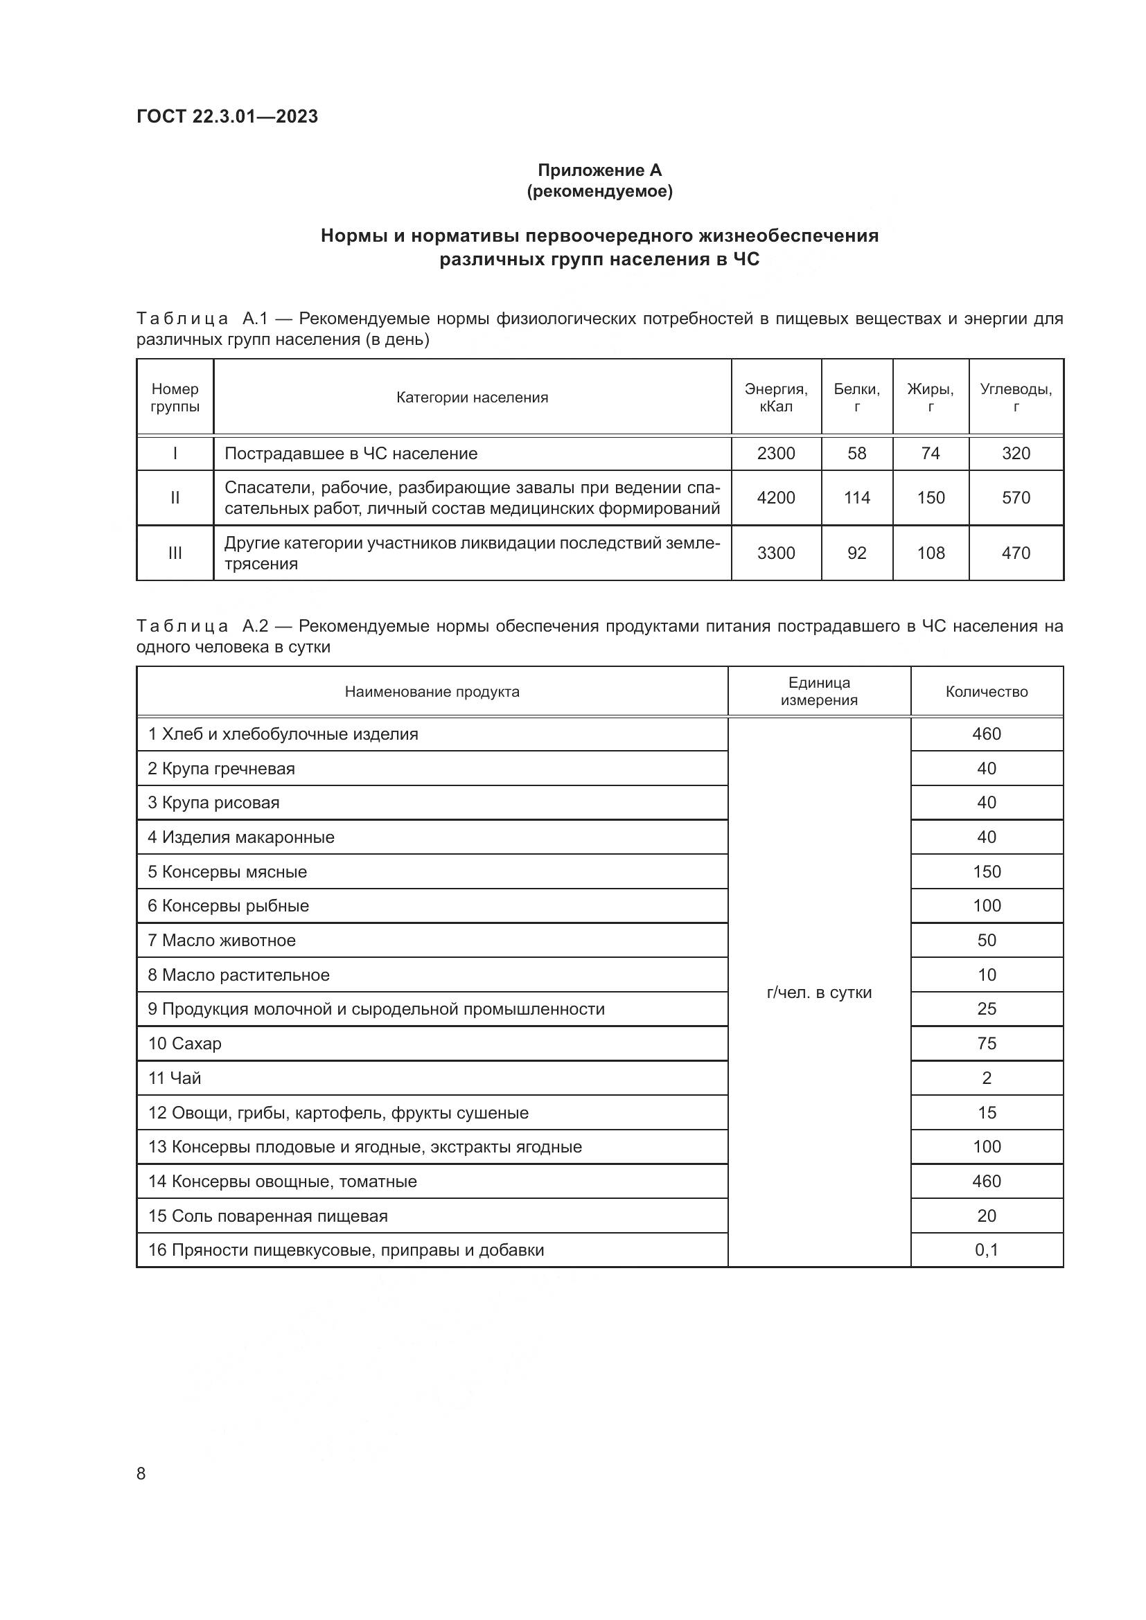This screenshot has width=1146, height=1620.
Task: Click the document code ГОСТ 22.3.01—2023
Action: (227, 116)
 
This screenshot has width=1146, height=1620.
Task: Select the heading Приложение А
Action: (599, 170)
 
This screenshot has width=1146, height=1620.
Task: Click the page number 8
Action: (141, 1473)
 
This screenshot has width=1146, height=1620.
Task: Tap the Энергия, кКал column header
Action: (775, 398)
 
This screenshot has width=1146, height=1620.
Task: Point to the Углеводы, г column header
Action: (1016, 398)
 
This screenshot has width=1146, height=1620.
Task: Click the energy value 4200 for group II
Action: (775, 497)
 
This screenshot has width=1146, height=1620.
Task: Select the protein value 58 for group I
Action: (856, 453)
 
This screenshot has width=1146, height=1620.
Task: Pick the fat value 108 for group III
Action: (930, 553)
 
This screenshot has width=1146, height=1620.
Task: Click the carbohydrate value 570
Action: (1016, 497)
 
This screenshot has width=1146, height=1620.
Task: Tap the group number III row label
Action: (175, 553)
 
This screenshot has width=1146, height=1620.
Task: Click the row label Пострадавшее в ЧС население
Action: (351, 453)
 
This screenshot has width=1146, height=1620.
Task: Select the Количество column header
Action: (986, 691)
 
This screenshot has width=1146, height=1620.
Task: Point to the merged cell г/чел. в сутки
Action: (818, 992)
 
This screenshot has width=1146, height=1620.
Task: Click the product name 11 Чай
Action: (175, 1078)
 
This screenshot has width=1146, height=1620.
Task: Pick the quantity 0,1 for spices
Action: (986, 1249)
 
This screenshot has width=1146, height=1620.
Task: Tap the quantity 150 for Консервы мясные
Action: (986, 871)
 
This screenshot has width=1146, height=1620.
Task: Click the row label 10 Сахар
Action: (185, 1043)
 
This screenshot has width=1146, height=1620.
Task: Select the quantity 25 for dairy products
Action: (986, 1008)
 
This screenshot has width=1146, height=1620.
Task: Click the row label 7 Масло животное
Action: (222, 940)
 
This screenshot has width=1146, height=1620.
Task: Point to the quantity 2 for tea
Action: (986, 1078)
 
